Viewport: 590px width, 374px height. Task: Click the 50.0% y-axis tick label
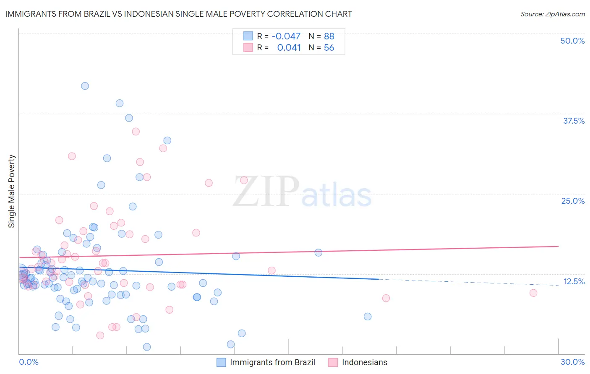tap(572, 41)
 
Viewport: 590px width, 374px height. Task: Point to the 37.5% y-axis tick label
tap(574, 121)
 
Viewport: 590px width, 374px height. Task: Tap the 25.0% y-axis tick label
tap(573, 201)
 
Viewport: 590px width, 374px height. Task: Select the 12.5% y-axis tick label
tap(574, 281)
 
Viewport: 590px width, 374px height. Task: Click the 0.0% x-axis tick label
tap(29, 362)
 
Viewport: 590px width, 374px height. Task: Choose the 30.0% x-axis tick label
tap(572, 362)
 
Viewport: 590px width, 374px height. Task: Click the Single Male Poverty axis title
tap(12, 191)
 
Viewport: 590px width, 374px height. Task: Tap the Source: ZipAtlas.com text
tap(552, 14)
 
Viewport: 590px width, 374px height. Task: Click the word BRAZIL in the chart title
tap(94, 14)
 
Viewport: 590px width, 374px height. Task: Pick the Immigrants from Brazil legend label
tap(272, 362)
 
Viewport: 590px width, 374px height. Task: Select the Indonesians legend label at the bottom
tap(364, 362)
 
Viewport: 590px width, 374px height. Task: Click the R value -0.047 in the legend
tap(286, 36)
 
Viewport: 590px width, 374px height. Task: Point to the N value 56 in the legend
tap(329, 48)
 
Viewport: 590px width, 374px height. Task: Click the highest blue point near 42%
tap(85, 86)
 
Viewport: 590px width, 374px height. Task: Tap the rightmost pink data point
tap(533, 293)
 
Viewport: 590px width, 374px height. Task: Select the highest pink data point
tap(136, 132)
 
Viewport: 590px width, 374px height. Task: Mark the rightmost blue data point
tap(368, 317)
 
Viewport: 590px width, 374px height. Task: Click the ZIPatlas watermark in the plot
tap(302, 192)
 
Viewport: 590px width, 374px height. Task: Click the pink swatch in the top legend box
tap(248, 48)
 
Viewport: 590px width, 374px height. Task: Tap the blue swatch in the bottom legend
tap(221, 362)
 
